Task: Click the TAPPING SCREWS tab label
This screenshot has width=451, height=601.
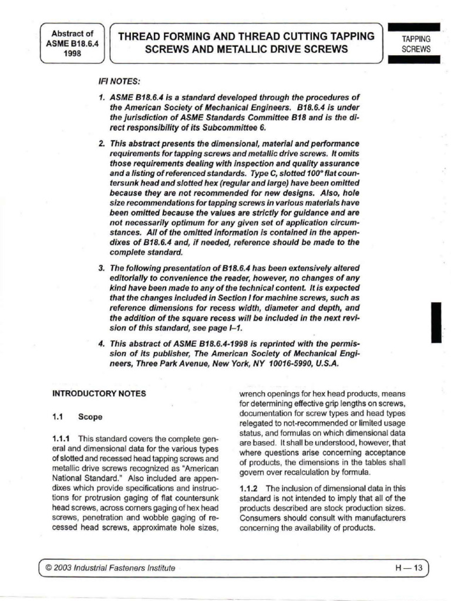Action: (416, 44)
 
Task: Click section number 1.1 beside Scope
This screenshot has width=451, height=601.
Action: (58, 417)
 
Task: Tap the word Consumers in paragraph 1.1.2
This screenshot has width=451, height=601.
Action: (259, 518)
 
